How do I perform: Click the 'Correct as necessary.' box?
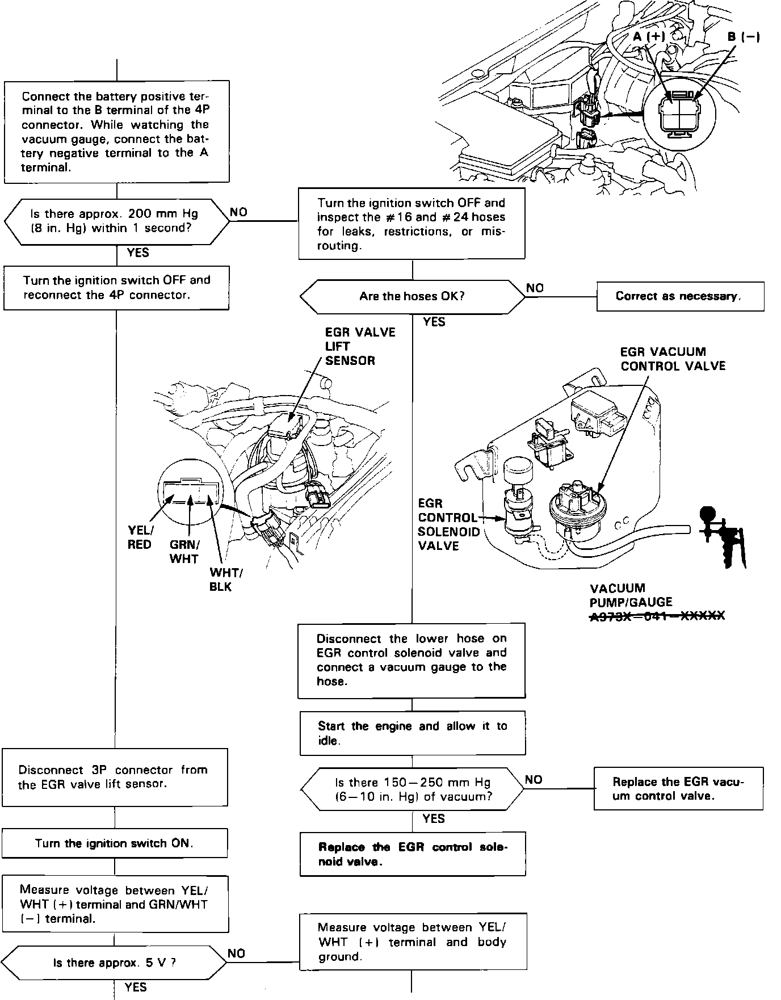pos(679,296)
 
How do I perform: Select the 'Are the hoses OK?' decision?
pos(412,296)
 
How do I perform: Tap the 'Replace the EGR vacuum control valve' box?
pos(678,788)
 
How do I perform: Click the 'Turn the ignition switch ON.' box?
pos(114,843)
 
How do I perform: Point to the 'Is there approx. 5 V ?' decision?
pos(114,963)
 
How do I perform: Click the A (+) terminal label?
pos(649,37)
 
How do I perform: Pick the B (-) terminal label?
pos(744,37)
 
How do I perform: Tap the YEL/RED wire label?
pos(140,537)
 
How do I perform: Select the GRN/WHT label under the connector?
pos(184,552)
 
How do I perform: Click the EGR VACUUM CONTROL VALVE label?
pos(673,359)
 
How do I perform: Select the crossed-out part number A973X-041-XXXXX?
pos(657,616)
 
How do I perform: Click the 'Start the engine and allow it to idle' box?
pos(412,733)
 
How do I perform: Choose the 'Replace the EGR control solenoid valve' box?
pos(412,854)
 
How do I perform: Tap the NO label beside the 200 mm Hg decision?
pos(238,212)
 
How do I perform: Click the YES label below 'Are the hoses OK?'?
pos(434,322)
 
